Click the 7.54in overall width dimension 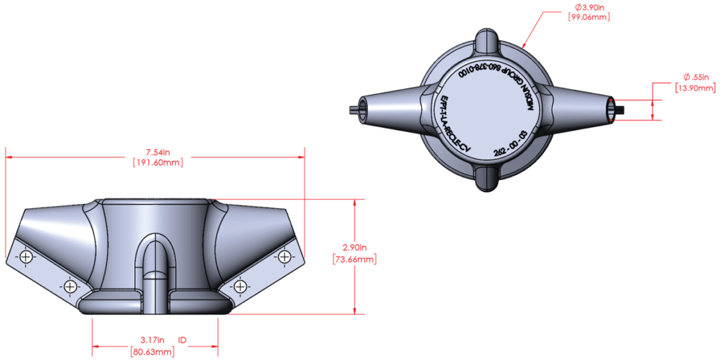point(157,151)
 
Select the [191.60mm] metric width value point(157,162)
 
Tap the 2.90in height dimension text point(355,247)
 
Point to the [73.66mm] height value point(355,259)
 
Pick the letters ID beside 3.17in point(182,340)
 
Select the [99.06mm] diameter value point(589,17)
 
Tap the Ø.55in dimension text point(696,77)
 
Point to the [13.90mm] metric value point(696,88)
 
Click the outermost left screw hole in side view point(25,257)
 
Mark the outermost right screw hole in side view point(285,256)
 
